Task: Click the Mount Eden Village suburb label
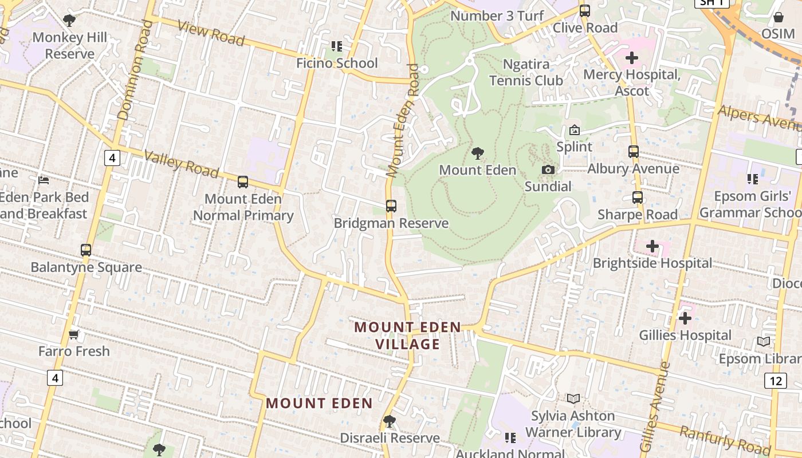[x=407, y=335]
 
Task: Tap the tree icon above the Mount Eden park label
[x=477, y=153]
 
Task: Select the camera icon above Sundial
[x=548, y=169]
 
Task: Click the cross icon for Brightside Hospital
[x=652, y=246]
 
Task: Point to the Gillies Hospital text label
[x=685, y=335]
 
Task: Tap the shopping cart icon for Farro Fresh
[x=74, y=334]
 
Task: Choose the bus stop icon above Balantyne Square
[x=86, y=250]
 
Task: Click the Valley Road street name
[x=181, y=164]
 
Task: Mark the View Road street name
[x=211, y=33]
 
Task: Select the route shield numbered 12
[x=775, y=381]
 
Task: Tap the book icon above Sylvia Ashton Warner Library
[x=573, y=398]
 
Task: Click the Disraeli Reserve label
[x=390, y=438]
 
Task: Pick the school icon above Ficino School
[x=337, y=46]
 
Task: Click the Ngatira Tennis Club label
[x=526, y=72]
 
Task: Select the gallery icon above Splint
[x=575, y=131]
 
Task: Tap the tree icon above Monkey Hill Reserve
[x=69, y=21]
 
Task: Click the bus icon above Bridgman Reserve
[x=391, y=206]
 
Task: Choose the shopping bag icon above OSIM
[x=778, y=17]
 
